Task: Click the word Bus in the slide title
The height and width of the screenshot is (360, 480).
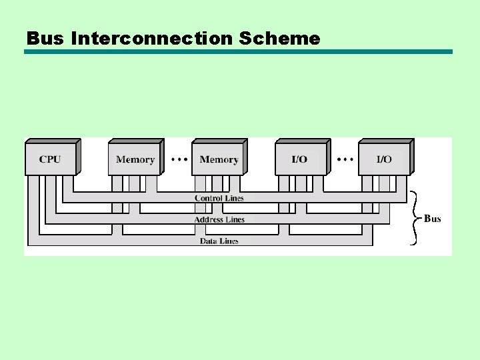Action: coord(45,39)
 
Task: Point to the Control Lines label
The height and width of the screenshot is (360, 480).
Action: coord(219,198)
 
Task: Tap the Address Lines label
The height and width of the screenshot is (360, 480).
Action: coord(219,219)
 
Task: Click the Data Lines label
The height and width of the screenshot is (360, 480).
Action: coord(219,241)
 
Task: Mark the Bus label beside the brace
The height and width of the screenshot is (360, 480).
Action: coord(433,219)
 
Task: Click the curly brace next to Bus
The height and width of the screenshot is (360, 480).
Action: coord(414,218)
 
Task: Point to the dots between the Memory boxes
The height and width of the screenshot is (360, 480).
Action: coord(179,159)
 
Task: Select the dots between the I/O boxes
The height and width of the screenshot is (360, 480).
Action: coord(345,159)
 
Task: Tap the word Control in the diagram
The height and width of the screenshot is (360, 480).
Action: coord(208,198)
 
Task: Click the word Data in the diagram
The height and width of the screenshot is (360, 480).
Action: coord(209,241)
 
